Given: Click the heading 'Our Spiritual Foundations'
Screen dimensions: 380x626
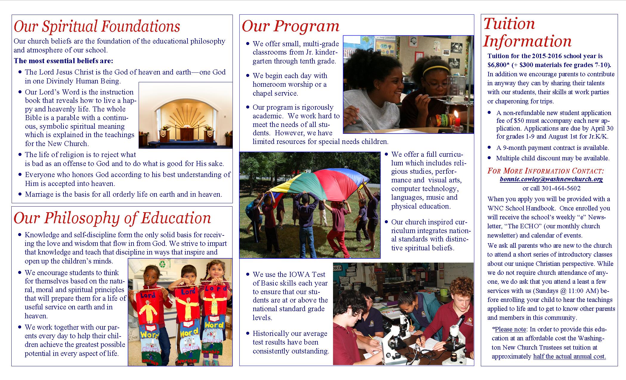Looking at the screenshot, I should [97, 26].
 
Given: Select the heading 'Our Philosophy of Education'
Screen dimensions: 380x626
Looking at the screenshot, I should [112, 218].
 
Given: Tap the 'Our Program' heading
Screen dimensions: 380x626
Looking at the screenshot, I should [290, 26].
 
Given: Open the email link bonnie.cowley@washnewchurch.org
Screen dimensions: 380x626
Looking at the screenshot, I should [551, 179].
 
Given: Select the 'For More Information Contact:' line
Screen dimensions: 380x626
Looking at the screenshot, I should [546, 171].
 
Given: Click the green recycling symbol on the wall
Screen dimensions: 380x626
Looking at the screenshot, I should [163, 264].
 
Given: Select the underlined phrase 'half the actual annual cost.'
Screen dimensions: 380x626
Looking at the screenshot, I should [569, 356].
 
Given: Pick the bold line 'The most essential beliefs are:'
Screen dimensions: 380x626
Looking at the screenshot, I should [63, 61].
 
